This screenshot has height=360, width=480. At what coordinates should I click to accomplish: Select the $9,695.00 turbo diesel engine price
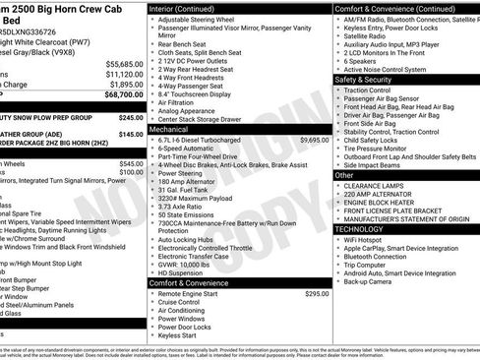314,140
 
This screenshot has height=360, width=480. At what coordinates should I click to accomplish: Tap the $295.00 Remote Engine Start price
316,293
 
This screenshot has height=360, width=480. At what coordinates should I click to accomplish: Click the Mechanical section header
169,129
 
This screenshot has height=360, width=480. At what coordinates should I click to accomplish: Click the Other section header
344,174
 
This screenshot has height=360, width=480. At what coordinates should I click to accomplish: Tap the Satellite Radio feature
369,35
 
